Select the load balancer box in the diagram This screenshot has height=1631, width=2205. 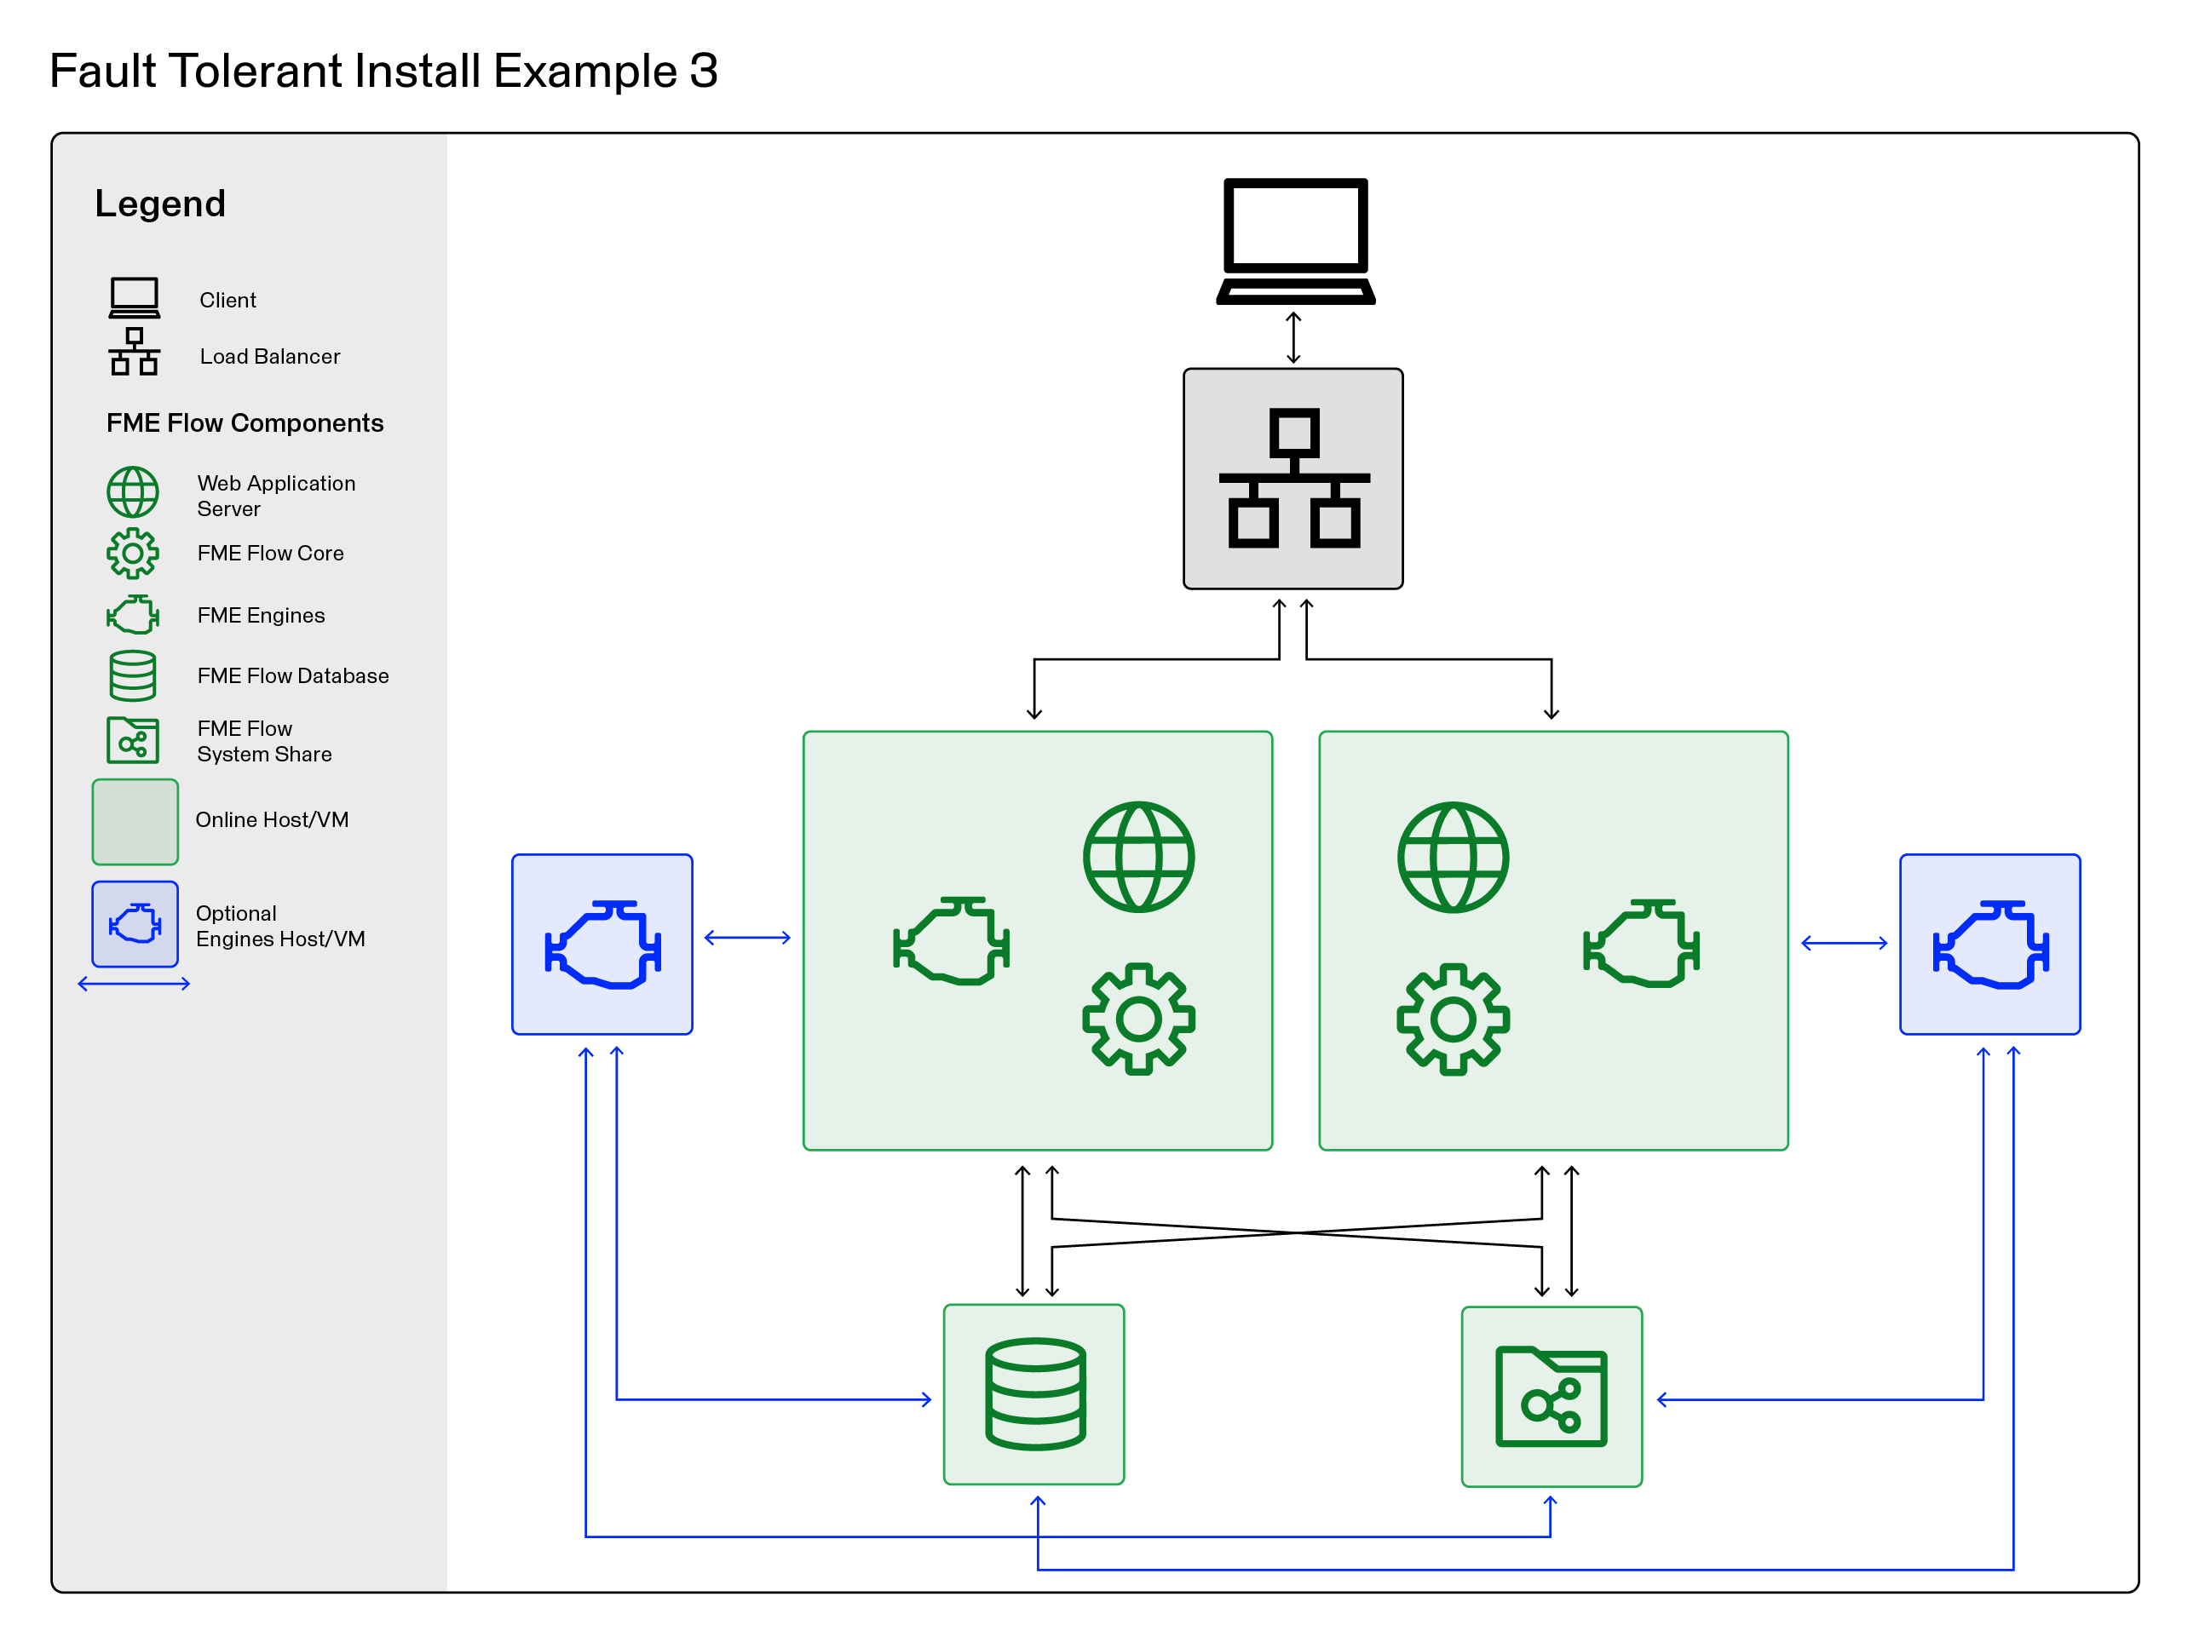coord(1292,479)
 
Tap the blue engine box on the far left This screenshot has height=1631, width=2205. coord(602,944)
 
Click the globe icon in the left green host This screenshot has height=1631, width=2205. coord(1138,857)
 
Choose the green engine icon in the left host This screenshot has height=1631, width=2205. coord(951,941)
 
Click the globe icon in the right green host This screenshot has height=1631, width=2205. coord(1453,857)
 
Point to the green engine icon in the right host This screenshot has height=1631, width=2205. coord(1640,943)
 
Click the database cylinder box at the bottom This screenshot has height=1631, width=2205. coord(1033,1394)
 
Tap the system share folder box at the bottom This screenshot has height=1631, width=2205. coord(1551,1396)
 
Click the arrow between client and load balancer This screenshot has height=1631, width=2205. coord(1292,337)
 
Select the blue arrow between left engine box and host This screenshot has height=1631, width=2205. coord(747,937)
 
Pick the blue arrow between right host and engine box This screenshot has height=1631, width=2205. coord(1844,943)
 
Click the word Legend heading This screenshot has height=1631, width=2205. coord(160,204)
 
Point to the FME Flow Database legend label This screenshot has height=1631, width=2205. coord(292,675)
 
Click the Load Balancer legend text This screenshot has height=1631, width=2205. coord(269,356)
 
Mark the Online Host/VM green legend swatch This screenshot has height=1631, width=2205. coord(135,821)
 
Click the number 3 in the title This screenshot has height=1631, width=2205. coord(703,71)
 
